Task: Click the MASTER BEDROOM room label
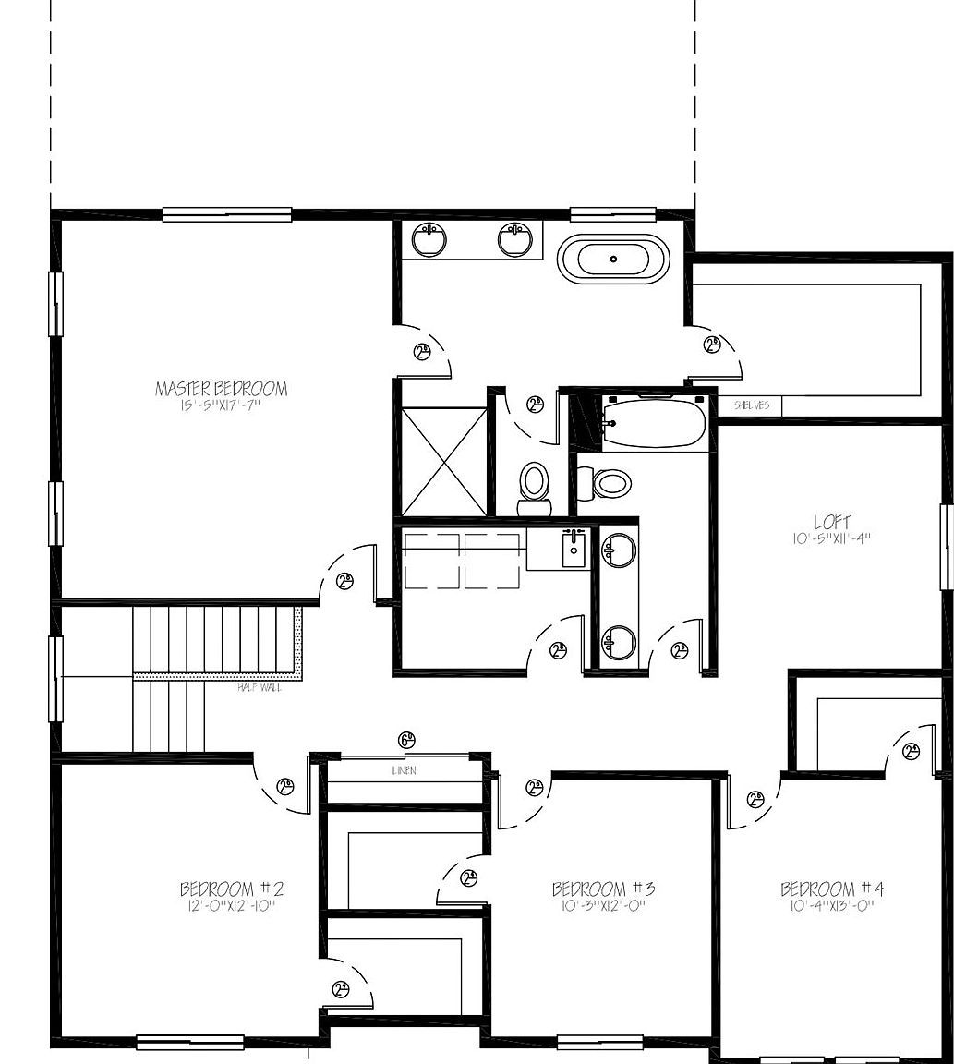click(x=221, y=389)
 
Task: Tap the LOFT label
click(x=832, y=522)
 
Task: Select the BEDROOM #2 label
click(x=231, y=889)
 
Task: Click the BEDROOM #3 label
click(x=603, y=889)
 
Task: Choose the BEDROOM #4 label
click(x=832, y=889)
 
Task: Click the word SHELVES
click(x=751, y=405)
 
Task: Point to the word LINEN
click(x=405, y=770)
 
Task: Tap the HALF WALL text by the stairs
click(x=260, y=687)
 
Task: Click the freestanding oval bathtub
click(x=613, y=259)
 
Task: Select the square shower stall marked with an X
click(x=443, y=461)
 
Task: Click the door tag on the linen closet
click(x=406, y=740)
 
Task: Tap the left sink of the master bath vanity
click(x=429, y=240)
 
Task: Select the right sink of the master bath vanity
click(x=514, y=240)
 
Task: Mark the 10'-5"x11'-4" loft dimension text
click(x=832, y=538)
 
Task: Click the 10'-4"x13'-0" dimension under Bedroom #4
click(x=832, y=906)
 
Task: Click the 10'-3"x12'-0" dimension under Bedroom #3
click(x=603, y=906)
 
